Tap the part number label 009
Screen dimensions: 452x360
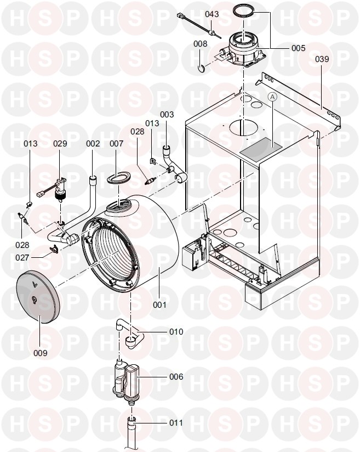click(x=40, y=353)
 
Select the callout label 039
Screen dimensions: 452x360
click(x=322, y=59)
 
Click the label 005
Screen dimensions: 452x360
click(x=298, y=48)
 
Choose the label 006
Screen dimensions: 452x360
click(x=176, y=377)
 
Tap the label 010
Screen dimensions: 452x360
click(x=176, y=332)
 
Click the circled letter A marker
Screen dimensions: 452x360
click(x=273, y=97)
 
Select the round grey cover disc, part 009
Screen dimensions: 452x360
click(x=36, y=295)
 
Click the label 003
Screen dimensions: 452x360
click(x=167, y=115)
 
